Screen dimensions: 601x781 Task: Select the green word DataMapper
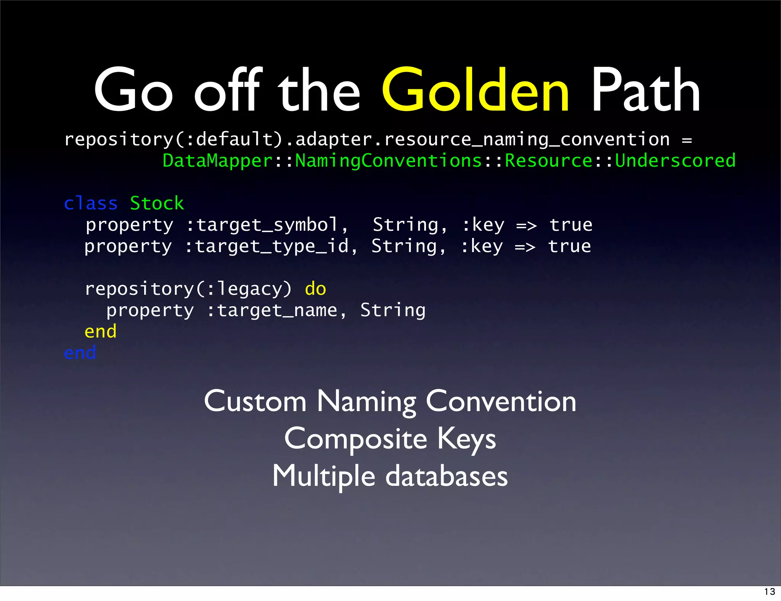coord(218,161)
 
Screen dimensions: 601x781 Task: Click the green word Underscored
coord(675,161)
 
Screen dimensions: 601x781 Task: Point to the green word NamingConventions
coord(389,161)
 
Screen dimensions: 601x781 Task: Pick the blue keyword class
coord(91,203)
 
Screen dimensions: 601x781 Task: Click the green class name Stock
coord(157,203)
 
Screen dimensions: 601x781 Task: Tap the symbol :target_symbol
coord(267,225)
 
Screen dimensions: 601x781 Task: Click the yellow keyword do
coord(315,289)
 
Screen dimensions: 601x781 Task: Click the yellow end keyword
coord(100,331)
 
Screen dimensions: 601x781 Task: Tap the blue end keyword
coord(80,353)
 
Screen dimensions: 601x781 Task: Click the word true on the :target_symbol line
coord(571,225)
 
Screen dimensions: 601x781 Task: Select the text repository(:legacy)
coord(188,289)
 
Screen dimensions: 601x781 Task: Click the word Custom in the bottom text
coord(255,402)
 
